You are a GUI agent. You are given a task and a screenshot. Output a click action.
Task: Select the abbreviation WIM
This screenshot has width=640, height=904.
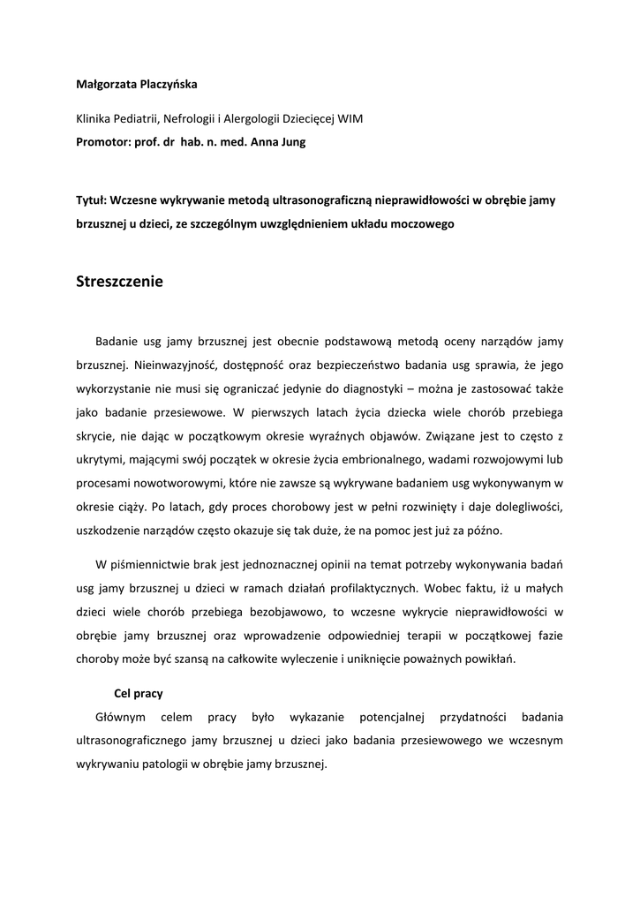tap(350, 118)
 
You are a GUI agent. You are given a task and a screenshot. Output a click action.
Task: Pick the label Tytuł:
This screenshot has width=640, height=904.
tap(91, 200)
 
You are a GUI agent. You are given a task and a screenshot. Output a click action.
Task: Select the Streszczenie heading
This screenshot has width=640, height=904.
tap(120, 282)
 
